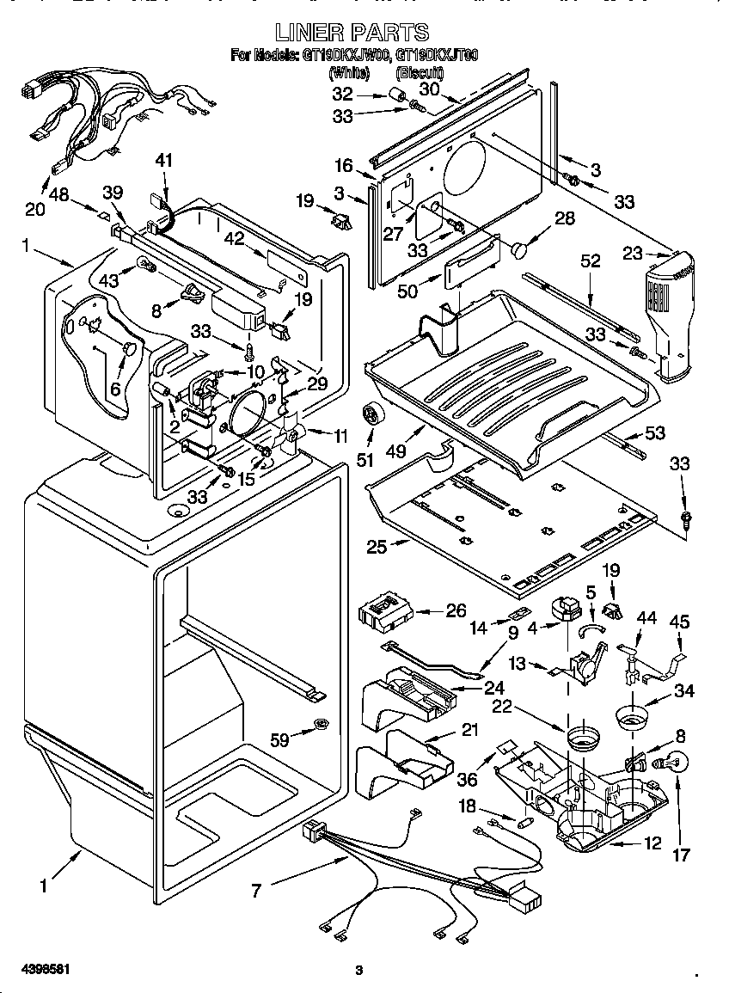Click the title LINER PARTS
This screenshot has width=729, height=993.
coord(352,33)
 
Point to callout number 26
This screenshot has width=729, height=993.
coord(455,611)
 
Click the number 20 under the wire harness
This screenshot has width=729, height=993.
coord(35,208)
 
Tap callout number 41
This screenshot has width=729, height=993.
coord(164,160)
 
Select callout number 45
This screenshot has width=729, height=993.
coord(679,620)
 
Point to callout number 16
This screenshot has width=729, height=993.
coord(344,166)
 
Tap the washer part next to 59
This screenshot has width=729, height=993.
coord(321,724)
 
